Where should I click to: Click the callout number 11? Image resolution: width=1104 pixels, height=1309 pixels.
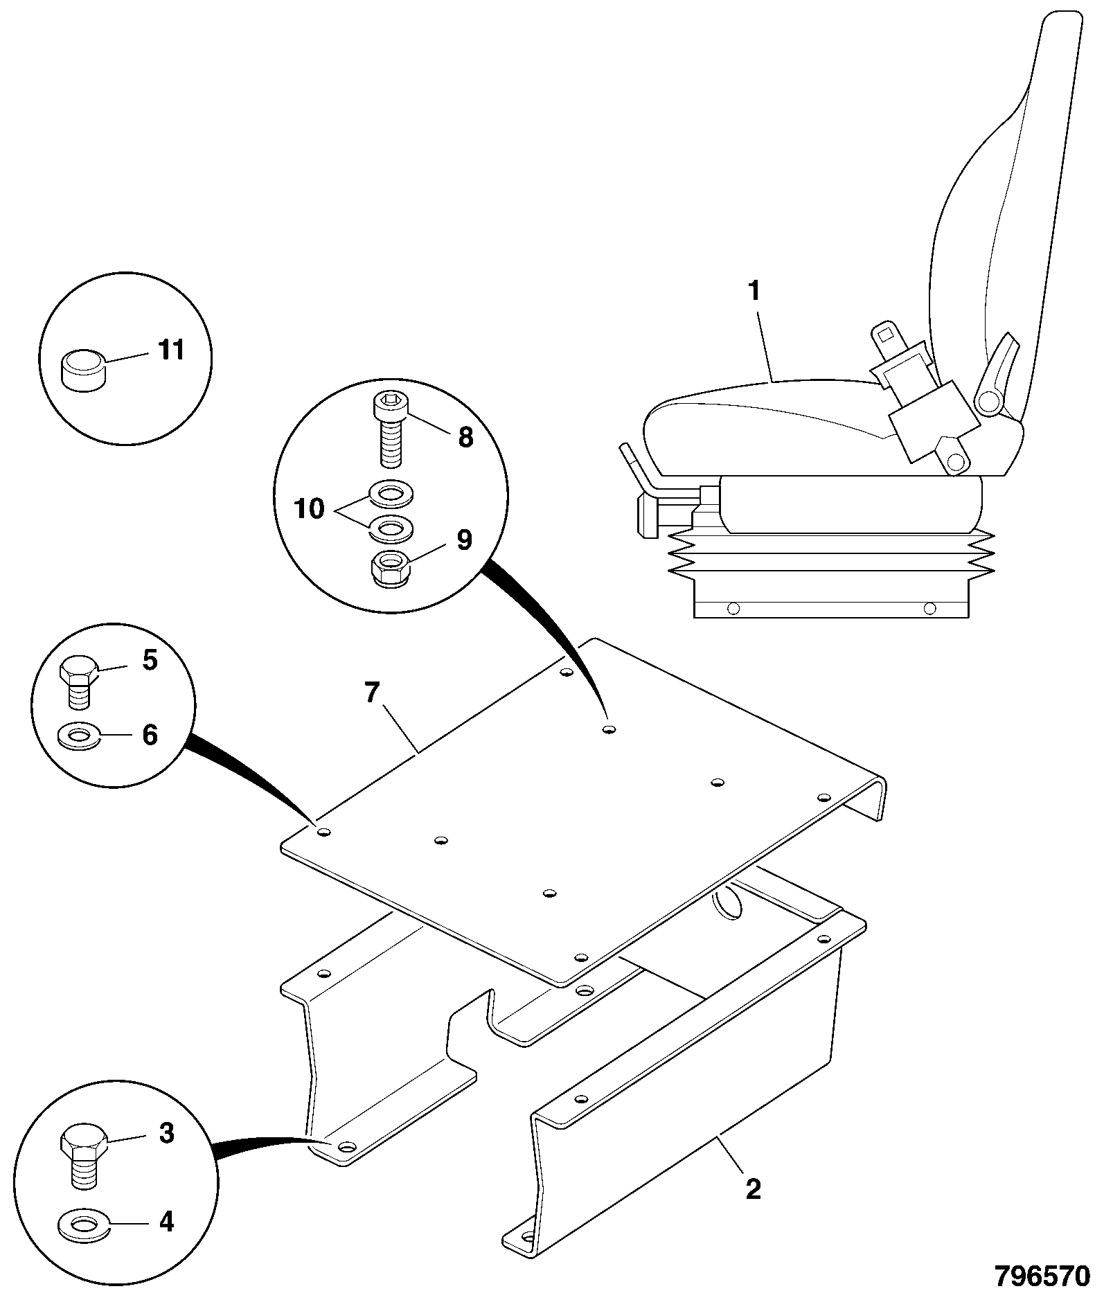(171, 350)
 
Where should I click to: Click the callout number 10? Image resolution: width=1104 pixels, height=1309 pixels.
(309, 509)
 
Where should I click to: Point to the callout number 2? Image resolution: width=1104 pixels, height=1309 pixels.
(753, 1189)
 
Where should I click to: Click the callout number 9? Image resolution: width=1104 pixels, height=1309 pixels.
(464, 540)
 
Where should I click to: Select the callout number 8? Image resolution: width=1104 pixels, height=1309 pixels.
(465, 437)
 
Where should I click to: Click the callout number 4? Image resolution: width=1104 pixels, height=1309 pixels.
(166, 1222)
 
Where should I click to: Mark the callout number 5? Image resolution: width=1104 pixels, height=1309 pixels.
(150, 660)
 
